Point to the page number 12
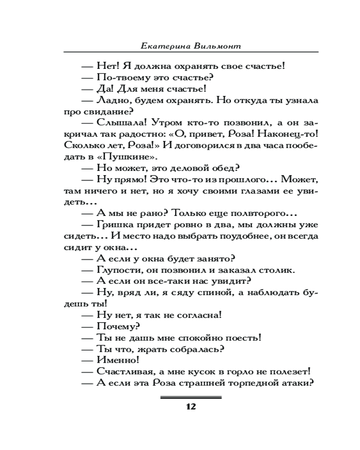coord(190,407)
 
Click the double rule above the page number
coord(191,397)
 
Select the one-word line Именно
coord(117,360)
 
